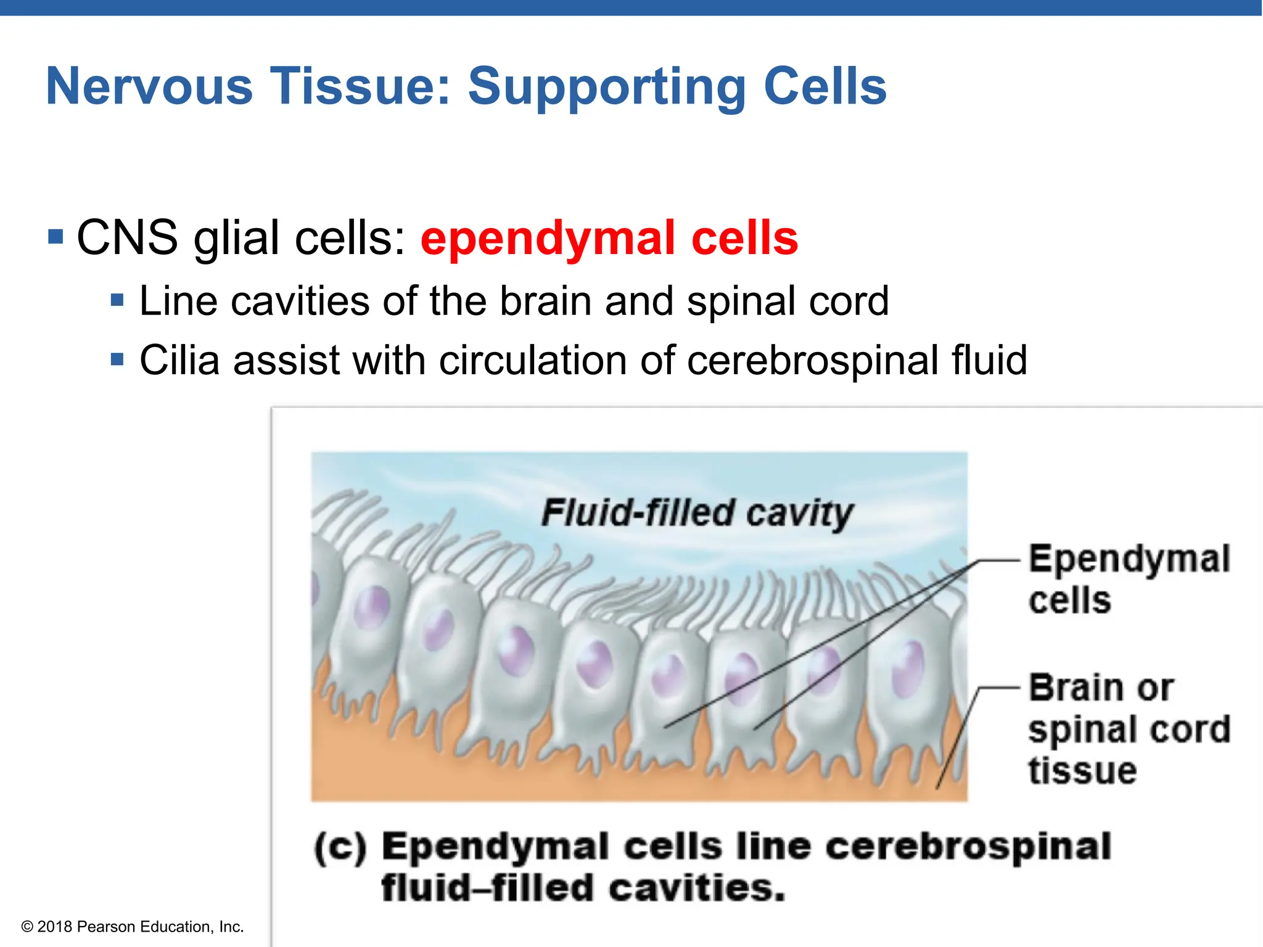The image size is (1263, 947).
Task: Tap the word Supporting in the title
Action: pyautogui.click(x=607, y=87)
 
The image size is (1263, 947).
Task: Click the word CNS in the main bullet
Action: pyautogui.click(x=127, y=237)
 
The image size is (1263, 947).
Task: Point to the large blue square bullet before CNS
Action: pyautogui.click(x=56, y=236)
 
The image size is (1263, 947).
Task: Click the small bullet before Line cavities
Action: pyautogui.click(x=117, y=301)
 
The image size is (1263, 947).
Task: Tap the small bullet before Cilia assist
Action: pyautogui.click(x=117, y=359)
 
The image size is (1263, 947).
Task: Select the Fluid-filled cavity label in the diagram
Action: pyautogui.click(x=697, y=513)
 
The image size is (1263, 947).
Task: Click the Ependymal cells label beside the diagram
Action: pyautogui.click(x=1129, y=580)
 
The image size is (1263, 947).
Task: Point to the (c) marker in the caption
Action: pyautogui.click(x=340, y=848)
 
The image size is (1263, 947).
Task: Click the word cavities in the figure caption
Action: pyautogui.click(x=697, y=888)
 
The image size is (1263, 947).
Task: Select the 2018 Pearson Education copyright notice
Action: pyautogui.click(x=133, y=927)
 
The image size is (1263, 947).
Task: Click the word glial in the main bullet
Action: pyautogui.click(x=236, y=239)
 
